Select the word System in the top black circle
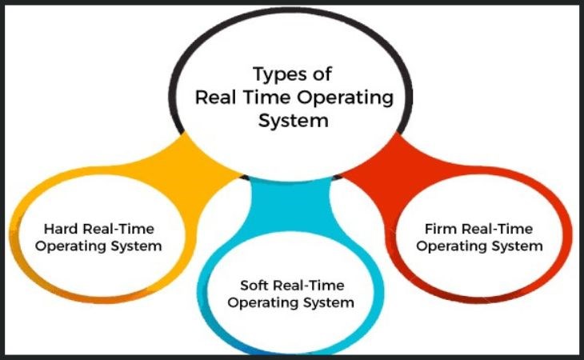pos(294,122)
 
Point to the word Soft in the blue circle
pos(254,285)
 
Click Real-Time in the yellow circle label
pos(118,229)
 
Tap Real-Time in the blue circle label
pos(308,285)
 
